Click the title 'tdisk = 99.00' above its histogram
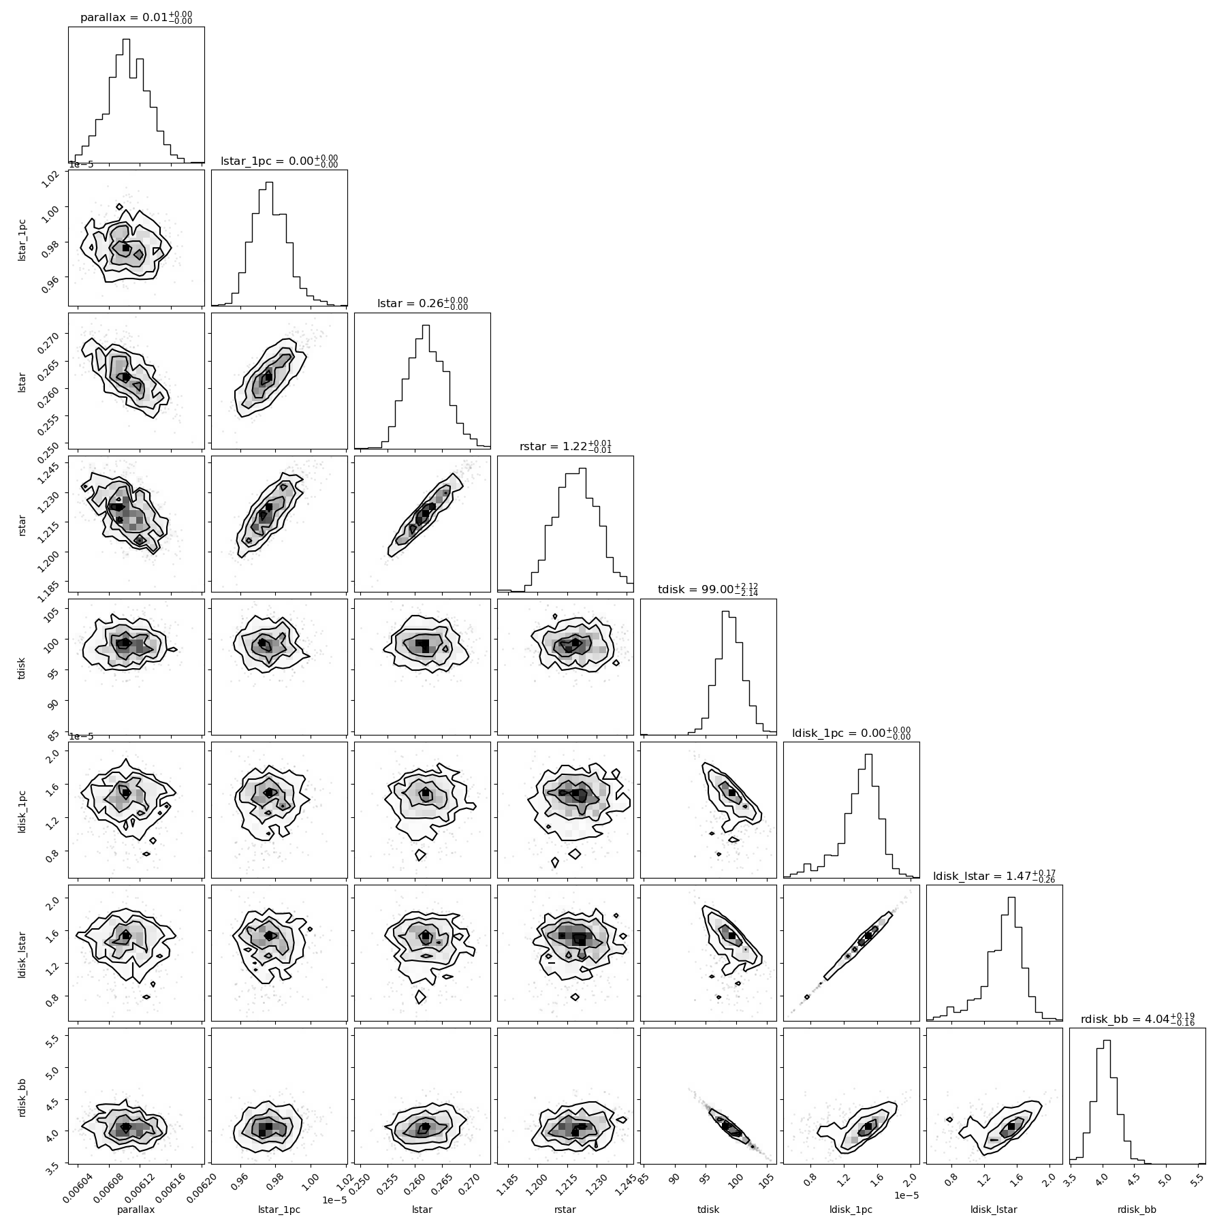[708, 589]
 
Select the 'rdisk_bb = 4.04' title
[1137, 1038]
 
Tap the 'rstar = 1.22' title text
[565, 446]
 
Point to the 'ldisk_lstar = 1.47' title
[994, 875]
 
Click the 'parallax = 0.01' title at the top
[136, 17]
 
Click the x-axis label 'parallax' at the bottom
[136, 1210]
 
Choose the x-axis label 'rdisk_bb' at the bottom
[1137, 1210]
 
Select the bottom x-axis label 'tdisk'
[708, 1210]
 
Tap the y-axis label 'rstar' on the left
[22, 524]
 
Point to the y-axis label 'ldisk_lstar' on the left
[22, 953]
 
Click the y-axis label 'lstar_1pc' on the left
[22, 238]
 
